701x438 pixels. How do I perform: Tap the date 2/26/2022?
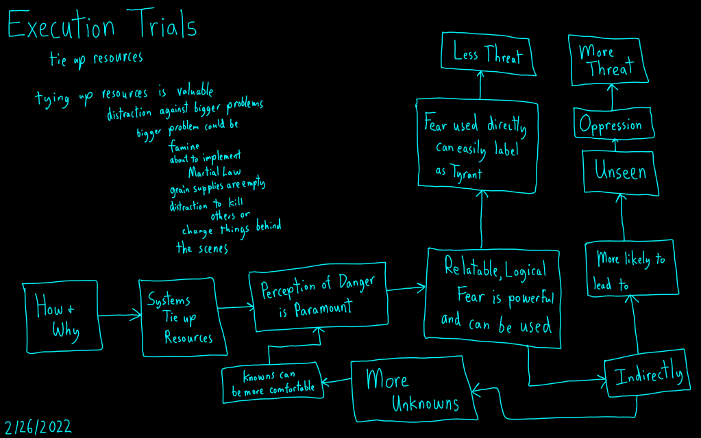tap(38, 427)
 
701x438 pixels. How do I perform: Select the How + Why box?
tap(60, 318)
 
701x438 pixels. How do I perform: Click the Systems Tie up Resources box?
tap(183, 318)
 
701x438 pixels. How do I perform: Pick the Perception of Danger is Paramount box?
tap(317, 299)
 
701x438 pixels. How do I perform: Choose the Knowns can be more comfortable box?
tap(273, 383)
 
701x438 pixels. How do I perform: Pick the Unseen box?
tap(620, 172)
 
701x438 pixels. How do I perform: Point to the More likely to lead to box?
tap(629, 269)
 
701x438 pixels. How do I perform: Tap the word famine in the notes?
tap(184, 146)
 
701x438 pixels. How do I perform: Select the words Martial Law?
tap(214, 172)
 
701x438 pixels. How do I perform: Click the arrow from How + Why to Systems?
tap(119, 315)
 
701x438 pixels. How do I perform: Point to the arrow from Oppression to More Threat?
tap(612, 96)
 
